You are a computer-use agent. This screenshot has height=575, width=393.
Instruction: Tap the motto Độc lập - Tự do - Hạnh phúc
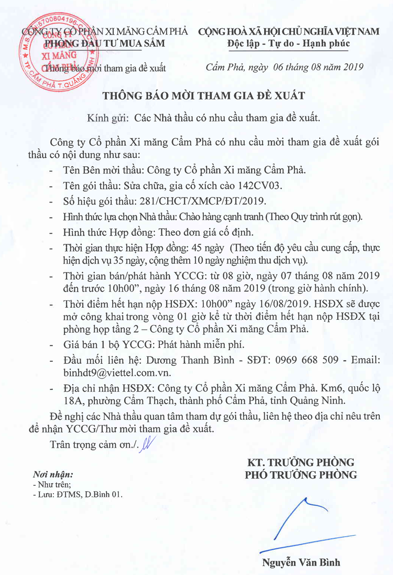tap(289, 43)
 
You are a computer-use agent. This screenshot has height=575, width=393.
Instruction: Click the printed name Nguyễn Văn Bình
tap(301, 563)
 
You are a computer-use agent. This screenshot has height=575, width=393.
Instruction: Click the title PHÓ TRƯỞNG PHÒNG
tap(301, 475)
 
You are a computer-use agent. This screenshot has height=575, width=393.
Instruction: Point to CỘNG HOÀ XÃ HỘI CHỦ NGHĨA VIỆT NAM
tap(289, 31)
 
